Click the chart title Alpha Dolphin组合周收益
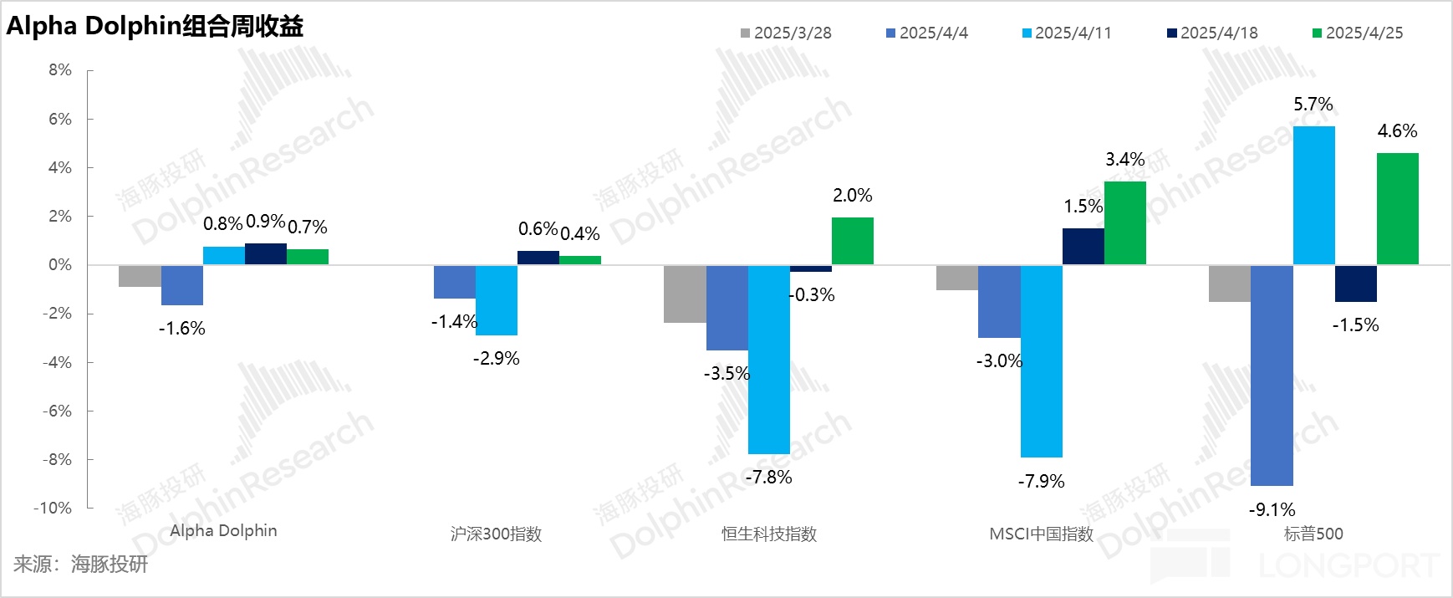(155, 26)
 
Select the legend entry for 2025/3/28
(786, 33)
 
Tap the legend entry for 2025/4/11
(1067, 33)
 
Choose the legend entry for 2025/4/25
(1358, 33)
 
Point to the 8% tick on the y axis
(59, 70)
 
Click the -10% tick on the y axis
(53, 508)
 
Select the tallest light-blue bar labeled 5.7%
(1313, 196)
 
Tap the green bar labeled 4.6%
(1397, 209)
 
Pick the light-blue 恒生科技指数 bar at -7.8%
(768, 360)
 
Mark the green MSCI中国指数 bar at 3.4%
(1124, 223)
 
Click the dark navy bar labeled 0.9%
(266, 254)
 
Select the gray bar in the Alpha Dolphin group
(140, 276)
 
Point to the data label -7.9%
(1041, 481)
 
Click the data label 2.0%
(852, 196)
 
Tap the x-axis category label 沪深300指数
(496, 534)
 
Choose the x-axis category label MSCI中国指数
(1041, 534)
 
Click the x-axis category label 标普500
(1313, 534)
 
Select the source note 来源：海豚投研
(80, 565)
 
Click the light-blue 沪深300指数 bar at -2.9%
(496, 300)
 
